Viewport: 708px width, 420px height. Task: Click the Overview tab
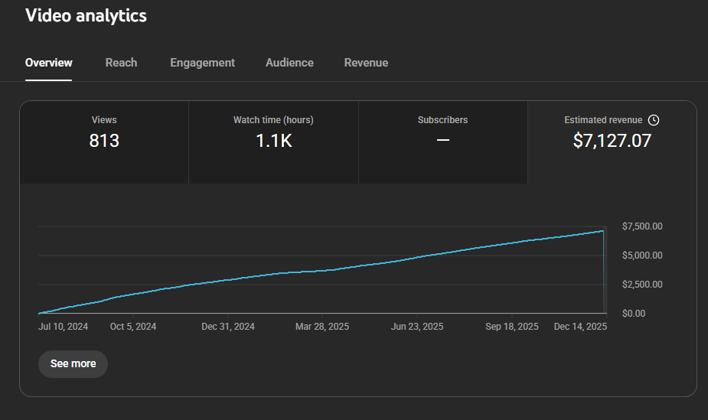coord(49,63)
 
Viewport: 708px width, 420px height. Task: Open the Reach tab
coord(121,63)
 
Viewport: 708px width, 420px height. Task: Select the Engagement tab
coord(202,63)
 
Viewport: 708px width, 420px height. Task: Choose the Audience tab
coord(289,63)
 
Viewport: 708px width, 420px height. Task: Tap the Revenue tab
coord(366,63)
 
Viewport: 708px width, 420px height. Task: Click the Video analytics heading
coord(86,16)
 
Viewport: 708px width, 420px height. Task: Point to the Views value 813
coord(104,141)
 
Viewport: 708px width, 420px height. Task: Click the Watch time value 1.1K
coord(273,141)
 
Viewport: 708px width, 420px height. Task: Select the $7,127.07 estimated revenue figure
coord(612,141)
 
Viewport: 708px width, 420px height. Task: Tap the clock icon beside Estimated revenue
coord(654,120)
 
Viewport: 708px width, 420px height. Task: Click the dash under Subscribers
coord(443,140)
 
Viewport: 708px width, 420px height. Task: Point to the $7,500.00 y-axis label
coord(642,226)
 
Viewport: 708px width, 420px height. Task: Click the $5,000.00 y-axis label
coord(642,256)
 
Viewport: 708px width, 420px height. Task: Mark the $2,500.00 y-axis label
coord(642,285)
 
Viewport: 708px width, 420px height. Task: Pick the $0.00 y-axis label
coord(634,314)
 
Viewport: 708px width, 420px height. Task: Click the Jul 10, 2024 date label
coord(64,327)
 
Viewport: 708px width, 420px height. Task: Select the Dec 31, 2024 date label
coord(228,327)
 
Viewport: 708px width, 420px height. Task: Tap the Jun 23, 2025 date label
coord(417,327)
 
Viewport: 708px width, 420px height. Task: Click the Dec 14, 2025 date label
coord(580,327)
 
